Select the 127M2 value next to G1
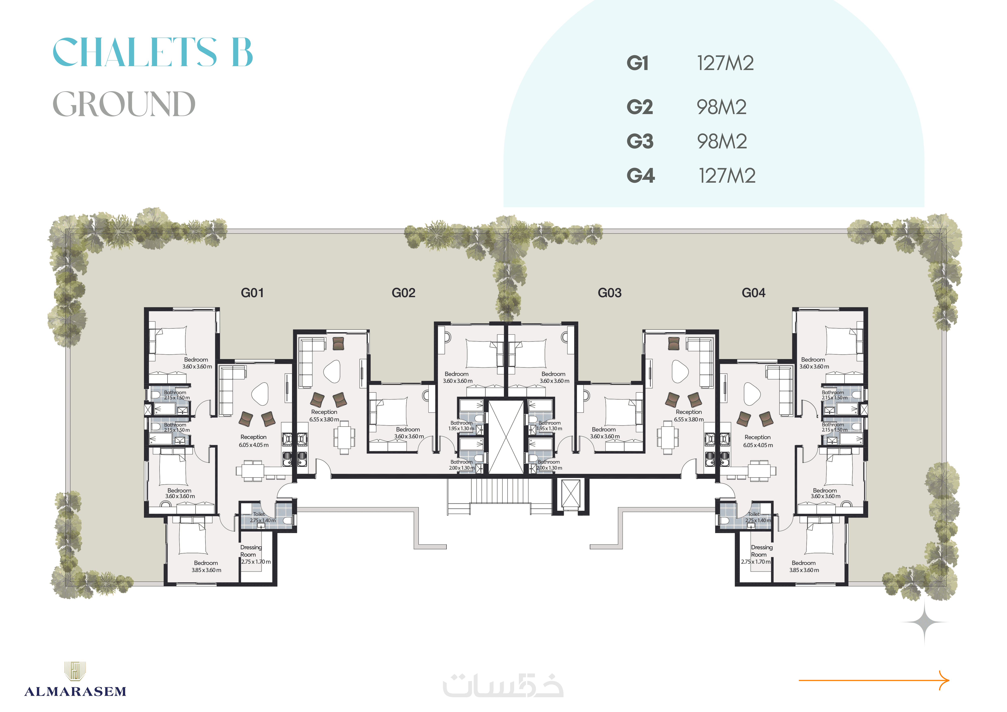point(725,63)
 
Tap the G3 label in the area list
point(640,141)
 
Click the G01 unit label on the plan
point(252,293)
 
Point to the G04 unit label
point(753,293)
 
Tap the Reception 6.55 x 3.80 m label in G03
point(689,416)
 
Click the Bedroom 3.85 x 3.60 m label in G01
point(206,566)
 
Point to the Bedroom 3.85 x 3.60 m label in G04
point(804,566)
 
